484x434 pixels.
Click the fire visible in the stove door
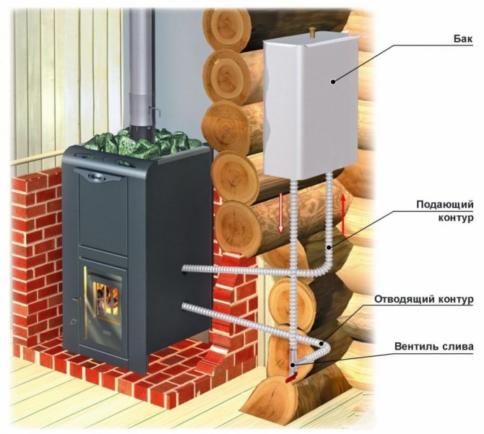[105, 296]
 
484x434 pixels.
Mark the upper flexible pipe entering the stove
[217, 269]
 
